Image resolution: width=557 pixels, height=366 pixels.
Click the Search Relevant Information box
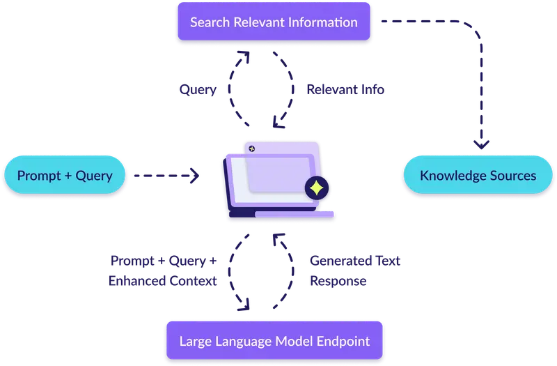[274, 22]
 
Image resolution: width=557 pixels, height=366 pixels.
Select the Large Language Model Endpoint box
[274, 342]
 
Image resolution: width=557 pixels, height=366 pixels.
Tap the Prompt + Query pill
[65, 175]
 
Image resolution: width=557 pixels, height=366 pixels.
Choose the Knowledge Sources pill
[478, 175]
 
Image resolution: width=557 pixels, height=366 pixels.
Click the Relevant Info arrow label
[345, 90]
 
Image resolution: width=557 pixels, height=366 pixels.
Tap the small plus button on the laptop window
[252, 148]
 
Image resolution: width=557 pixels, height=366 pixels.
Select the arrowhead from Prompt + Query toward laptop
[195, 176]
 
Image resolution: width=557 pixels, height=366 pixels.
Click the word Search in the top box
[210, 22]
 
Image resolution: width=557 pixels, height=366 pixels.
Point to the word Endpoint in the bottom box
[341, 342]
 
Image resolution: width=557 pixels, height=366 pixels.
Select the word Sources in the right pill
[513, 175]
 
